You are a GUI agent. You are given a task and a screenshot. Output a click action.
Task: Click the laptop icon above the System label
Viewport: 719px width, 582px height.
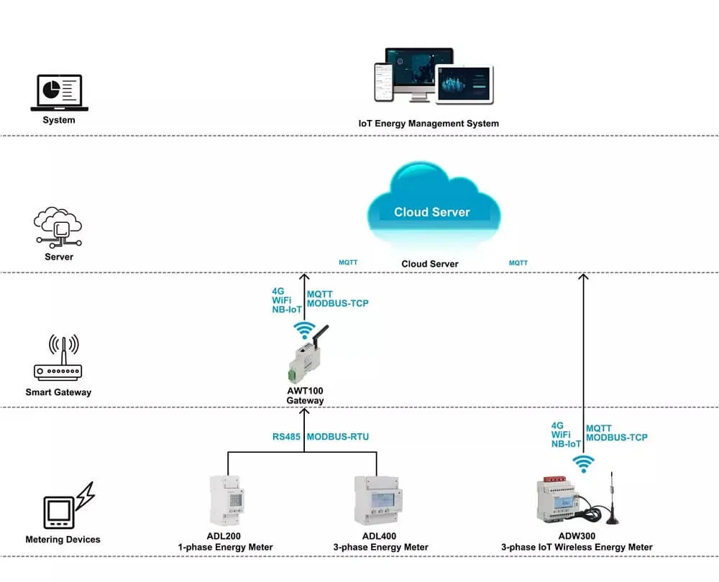point(59,93)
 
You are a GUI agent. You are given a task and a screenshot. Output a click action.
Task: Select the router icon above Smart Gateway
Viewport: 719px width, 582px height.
point(58,359)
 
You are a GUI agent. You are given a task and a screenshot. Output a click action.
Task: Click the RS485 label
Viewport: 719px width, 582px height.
point(286,437)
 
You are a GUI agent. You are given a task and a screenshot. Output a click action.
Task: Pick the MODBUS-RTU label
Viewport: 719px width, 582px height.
point(338,437)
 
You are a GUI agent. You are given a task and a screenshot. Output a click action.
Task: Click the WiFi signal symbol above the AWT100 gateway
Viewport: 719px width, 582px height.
point(304,330)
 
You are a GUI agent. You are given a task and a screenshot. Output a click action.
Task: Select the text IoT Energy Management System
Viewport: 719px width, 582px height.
point(429,124)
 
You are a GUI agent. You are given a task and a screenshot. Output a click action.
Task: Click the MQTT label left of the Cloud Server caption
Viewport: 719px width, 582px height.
point(348,263)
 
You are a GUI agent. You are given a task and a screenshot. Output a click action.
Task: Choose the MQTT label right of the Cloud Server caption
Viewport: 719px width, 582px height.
point(518,263)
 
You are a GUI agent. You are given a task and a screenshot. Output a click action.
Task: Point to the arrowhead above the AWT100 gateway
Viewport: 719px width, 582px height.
point(304,277)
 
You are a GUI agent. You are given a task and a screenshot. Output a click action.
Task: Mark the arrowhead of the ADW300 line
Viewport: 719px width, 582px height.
point(584,277)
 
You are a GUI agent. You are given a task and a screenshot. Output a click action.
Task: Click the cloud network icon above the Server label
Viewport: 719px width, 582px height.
point(58,226)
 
